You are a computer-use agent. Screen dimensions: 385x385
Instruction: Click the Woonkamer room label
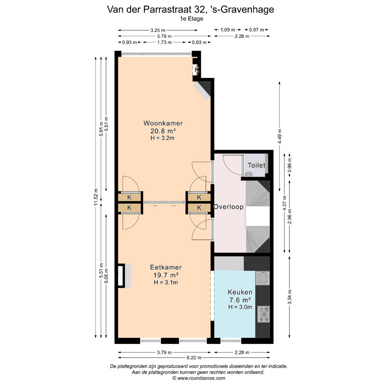coord(163,123)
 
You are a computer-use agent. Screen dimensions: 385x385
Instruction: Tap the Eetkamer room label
coord(166,267)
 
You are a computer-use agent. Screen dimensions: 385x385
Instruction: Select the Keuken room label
coord(240,292)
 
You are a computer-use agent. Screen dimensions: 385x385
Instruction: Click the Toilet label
coord(256,165)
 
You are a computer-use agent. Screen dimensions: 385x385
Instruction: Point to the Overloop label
coord(229,207)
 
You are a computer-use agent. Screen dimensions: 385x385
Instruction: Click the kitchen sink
coord(263,278)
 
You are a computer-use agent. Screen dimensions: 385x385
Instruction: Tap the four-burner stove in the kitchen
coord(263,314)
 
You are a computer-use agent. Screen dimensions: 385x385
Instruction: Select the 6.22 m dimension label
coord(194,358)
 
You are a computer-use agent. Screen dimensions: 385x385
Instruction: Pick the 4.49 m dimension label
coord(279,136)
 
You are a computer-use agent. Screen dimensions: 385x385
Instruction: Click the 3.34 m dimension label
coord(289,297)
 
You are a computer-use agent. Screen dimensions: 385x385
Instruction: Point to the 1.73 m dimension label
coord(164,42)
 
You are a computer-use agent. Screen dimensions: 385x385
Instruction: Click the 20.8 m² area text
coord(163,131)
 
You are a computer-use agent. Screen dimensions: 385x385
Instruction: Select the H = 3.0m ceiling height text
coord(240,307)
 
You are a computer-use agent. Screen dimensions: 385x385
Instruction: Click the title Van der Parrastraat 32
coord(190,10)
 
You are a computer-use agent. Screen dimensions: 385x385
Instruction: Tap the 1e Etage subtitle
coord(192,19)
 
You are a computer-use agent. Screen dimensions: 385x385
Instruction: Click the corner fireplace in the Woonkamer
coord(203,91)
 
